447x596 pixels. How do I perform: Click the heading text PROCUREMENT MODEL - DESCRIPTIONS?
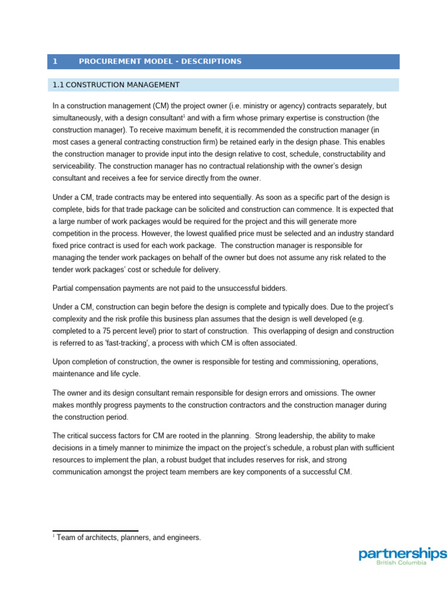click(x=160, y=62)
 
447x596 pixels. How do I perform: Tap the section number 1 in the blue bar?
click(x=55, y=62)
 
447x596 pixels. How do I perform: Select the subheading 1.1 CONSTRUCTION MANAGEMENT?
click(x=116, y=85)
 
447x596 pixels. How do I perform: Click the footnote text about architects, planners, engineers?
click(x=129, y=538)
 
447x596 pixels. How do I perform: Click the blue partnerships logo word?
click(x=403, y=554)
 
